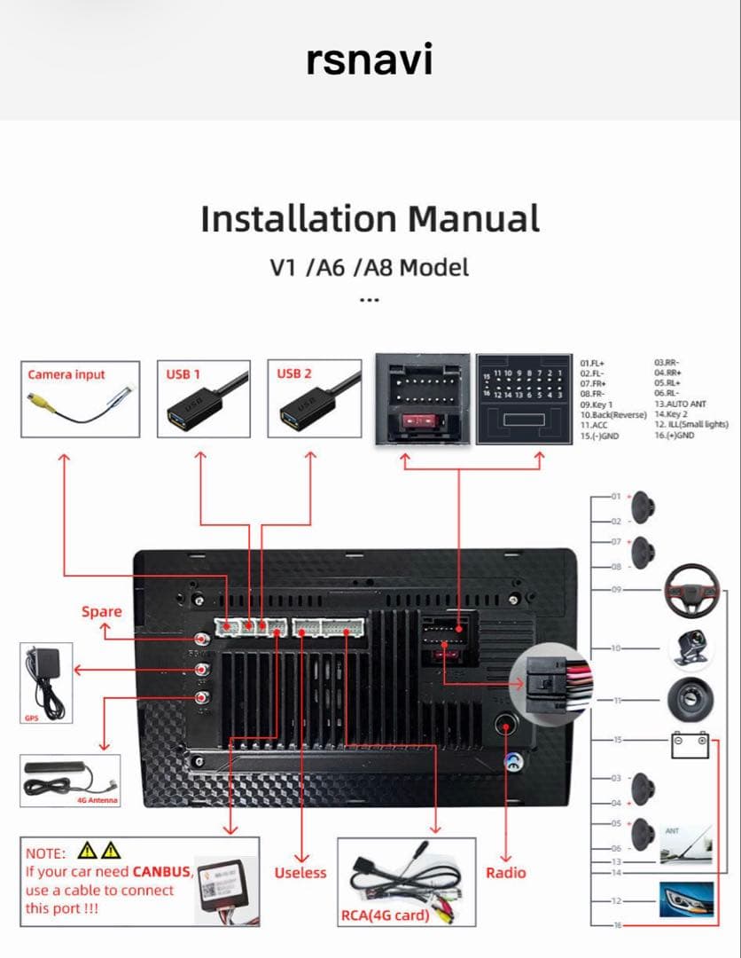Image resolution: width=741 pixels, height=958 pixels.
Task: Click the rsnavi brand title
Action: click(370, 59)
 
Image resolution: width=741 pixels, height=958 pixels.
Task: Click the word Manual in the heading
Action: click(473, 218)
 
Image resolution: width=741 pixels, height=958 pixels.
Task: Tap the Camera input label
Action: click(66, 374)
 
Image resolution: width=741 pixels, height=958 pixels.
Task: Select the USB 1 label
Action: click(183, 374)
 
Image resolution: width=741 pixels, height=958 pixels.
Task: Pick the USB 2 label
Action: click(294, 374)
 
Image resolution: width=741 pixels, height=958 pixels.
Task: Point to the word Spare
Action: click(101, 611)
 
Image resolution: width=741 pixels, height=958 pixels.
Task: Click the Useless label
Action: click(300, 873)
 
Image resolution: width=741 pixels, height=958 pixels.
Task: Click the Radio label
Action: click(505, 873)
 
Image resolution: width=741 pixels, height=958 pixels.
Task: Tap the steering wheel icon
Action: click(690, 593)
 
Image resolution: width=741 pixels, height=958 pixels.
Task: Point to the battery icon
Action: click(690, 743)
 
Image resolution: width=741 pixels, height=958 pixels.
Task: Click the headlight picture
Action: click(686, 901)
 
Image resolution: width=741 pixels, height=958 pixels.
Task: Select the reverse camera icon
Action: click(690, 648)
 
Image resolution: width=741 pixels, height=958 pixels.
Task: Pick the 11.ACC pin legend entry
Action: click(596, 426)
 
